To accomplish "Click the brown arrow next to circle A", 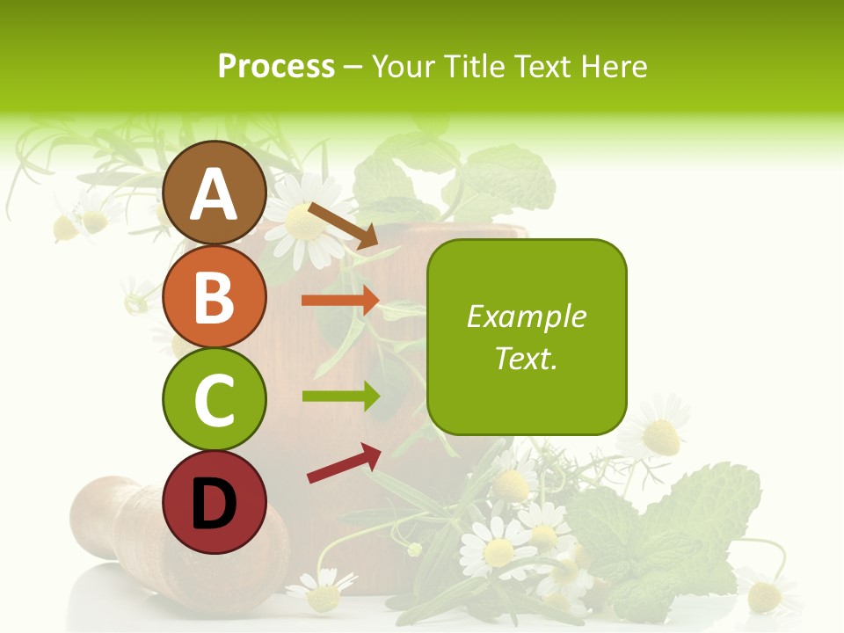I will pyautogui.click(x=343, y=225).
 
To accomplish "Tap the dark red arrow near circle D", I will pyautogui.click(x=344, y=462).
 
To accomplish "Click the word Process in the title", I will pyautogui.click(x=276, y=66).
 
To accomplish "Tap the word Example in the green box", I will pyautogui.click(x=527, y=316).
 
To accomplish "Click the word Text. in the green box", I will pyautogui.click(x=527, y=358).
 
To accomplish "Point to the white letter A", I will pyautogui.click(x=214, y=193).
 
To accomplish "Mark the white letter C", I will pyautogui.click(x=214, y=400).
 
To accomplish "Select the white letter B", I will pyautogui.click(x=214, y=296).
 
